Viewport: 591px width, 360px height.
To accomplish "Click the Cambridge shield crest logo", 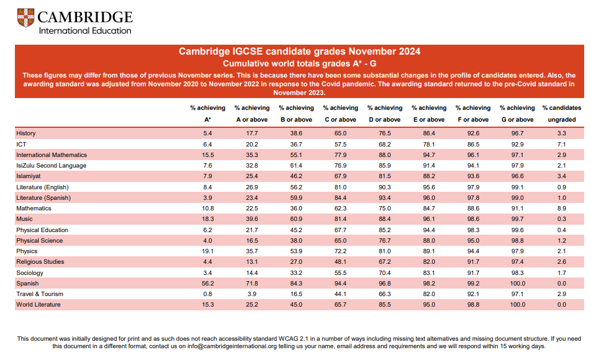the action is tap(25, 18).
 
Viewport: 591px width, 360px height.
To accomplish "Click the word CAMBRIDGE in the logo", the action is tap(85, 17).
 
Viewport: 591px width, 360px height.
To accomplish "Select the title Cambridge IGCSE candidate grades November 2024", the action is tap(299, 52).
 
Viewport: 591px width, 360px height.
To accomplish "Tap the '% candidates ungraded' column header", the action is tap(562, 114).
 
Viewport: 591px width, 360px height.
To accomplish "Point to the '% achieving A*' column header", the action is tap(208, 114).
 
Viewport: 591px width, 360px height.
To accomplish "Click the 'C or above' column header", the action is tap(340, 120).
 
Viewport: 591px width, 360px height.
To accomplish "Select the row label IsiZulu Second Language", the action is tap(52, 166).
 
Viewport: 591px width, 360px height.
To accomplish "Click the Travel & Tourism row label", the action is tap(40, 294).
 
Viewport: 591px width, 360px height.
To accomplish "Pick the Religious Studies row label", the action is tap(40, 261).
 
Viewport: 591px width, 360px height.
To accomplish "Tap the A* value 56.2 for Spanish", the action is tap(208, 284).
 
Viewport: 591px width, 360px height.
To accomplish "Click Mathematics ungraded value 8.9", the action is tap(562, 209).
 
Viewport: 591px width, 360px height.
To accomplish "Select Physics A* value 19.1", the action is tap(208, 251).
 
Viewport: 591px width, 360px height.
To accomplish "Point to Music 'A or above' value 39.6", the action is tap(252, 219).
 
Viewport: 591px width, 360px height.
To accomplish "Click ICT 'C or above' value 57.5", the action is tap(340, 145).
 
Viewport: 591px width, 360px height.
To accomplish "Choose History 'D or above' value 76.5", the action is tap(384, 133).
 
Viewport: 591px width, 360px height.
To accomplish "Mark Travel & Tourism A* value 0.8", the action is tap(208, 294).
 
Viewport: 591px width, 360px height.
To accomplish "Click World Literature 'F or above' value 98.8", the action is tap(473, 305).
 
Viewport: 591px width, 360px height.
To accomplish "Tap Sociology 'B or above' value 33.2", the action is tap(296, 273).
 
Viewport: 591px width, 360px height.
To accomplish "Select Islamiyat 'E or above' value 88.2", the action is tap(429, 176).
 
